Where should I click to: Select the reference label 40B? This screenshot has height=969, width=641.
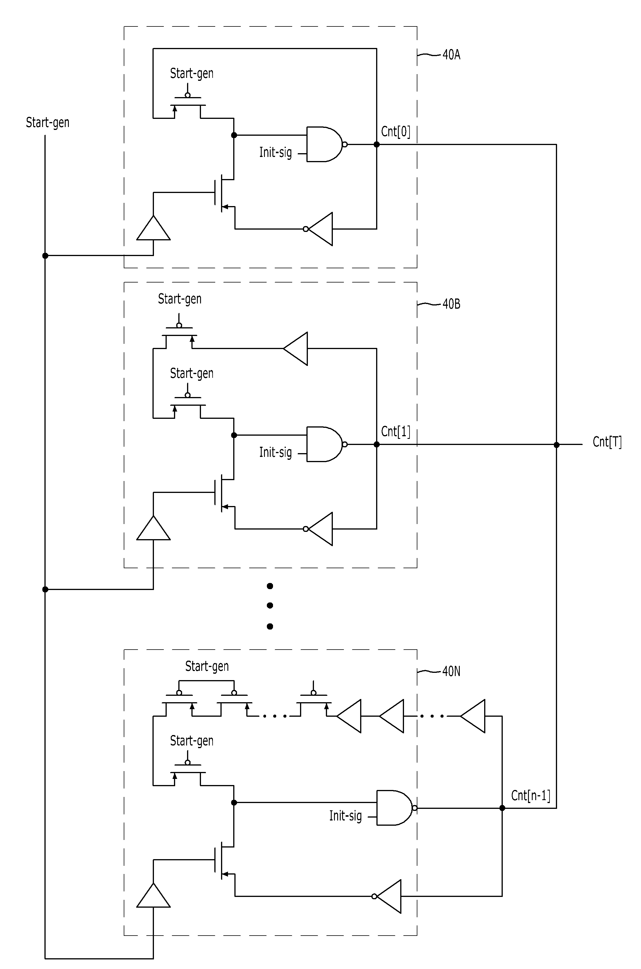451,304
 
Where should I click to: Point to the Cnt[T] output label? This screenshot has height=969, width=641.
607,442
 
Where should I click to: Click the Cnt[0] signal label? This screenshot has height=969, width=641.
395,131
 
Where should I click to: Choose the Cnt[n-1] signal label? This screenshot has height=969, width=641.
531,795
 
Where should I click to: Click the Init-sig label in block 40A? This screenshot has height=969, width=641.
276,153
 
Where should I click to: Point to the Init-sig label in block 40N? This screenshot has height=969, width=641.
345,816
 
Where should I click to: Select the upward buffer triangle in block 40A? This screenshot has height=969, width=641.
153,228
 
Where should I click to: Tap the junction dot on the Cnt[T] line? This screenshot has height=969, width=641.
556,445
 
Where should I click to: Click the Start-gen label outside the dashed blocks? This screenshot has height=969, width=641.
47,123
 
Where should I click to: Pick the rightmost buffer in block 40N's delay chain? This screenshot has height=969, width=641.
473,716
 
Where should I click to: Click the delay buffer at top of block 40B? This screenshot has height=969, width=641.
295,348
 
